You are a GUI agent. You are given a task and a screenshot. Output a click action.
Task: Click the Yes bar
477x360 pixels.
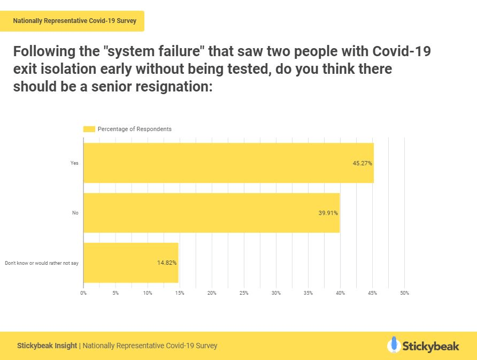pos(228,163)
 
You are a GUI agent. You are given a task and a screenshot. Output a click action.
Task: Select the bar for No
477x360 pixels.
pos(211,213)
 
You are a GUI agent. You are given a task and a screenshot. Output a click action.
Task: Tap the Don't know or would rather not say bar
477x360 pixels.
pos(130,263)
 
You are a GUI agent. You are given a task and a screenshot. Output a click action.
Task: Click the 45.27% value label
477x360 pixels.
pos(362,163)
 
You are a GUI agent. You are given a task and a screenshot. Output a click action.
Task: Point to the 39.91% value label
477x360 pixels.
pos(328,213)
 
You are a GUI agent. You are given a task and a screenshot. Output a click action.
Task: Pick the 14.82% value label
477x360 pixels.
pos(167,263)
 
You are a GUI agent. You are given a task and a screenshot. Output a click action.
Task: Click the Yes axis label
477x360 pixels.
pos(74,163)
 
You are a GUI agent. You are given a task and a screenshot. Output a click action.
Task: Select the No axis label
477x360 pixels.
pos(75,213)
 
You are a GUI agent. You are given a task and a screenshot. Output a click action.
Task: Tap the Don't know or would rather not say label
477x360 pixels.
pos(42,263)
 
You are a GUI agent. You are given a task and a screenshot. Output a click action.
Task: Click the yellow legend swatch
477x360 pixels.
pos(89,129)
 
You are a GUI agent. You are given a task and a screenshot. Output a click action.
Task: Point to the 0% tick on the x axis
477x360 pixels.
pos(83,293)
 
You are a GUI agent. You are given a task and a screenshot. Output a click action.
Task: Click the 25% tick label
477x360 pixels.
pos(244,293)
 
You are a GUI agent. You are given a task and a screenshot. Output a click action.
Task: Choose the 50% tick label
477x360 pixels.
pos(404,293)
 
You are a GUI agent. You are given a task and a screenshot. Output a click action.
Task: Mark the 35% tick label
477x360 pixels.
pos(308,293)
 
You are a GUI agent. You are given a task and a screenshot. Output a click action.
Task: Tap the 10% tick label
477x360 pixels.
pos(148,293)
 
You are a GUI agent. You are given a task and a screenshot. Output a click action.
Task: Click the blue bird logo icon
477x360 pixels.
pos(394,345)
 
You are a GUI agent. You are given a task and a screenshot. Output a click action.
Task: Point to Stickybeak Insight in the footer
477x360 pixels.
pos(47,346)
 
